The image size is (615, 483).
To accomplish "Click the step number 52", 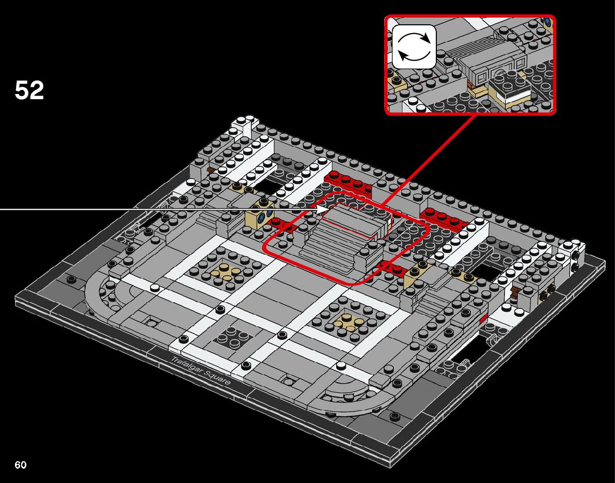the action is pos(29,91).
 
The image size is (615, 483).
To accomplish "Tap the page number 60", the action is pos(20,465).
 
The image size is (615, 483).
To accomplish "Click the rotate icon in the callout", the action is pos(414,46).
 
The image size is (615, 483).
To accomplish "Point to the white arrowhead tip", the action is pos(325,209).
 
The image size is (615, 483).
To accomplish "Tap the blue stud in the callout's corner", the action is pos(547,22).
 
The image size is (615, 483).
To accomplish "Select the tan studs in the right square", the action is pos(346,322).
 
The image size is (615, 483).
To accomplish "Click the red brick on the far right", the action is pos(444,219).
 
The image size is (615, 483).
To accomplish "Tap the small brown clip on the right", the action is pos(515,292).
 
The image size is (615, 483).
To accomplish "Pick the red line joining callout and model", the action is pos(434,155).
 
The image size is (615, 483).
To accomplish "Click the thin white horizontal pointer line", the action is pos(155,209).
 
